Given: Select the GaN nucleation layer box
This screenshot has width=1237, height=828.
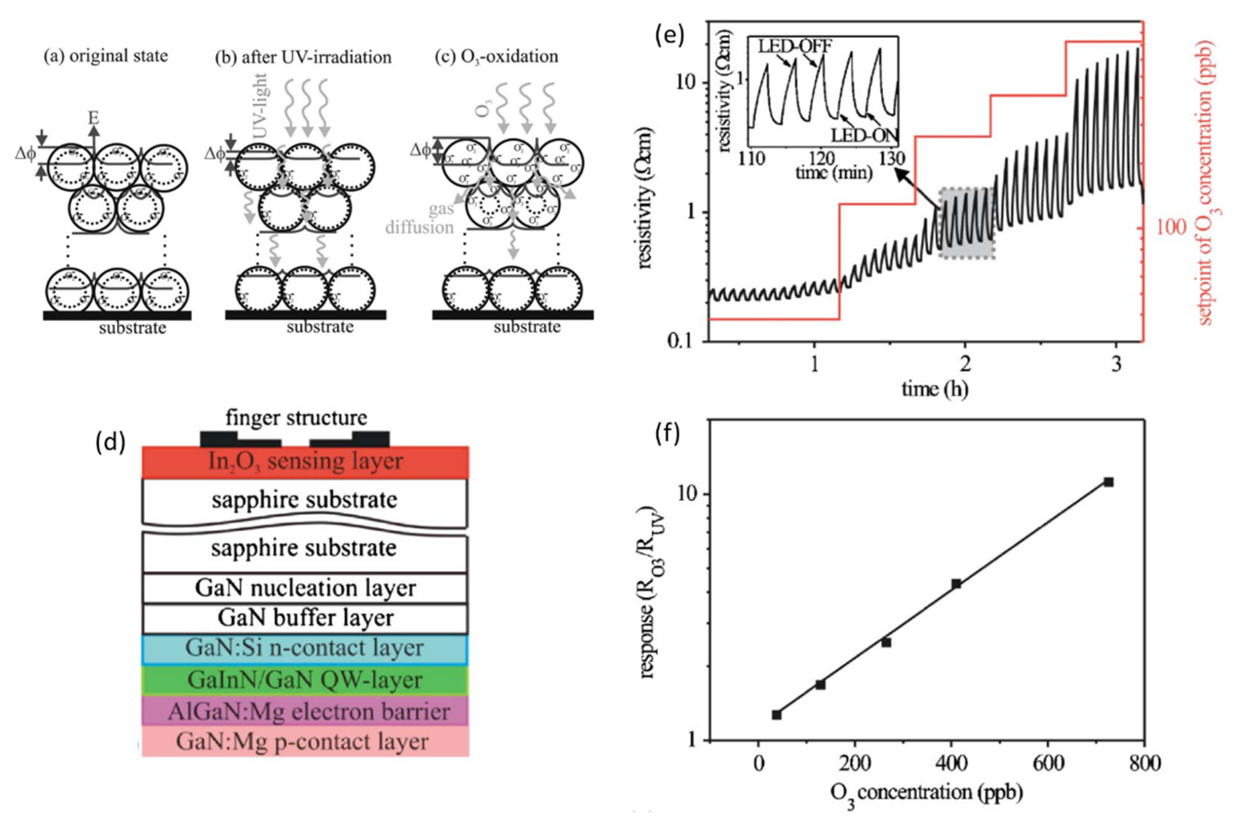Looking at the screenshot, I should (305, 588).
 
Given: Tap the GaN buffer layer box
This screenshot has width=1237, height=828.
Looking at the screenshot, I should (305, 618).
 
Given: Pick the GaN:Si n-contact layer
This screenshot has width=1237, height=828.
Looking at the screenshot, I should (305, 648).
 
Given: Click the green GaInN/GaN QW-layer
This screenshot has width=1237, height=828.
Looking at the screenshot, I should (305, 680).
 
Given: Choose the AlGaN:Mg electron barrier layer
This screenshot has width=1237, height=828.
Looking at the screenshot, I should (305, 711).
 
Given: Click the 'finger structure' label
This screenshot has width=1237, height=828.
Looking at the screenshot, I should (296, 418).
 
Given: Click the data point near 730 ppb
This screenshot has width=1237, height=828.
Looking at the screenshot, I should (1109, 482).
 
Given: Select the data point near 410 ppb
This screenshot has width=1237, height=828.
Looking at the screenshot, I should (956, 583).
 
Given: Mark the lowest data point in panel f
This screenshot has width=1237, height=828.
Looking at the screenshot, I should (776, 714).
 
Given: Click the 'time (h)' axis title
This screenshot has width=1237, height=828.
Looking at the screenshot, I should (934, 389).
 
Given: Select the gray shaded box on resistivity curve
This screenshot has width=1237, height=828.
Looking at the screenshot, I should (967, 223).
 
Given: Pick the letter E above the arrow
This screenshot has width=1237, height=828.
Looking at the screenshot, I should (93, 117).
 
